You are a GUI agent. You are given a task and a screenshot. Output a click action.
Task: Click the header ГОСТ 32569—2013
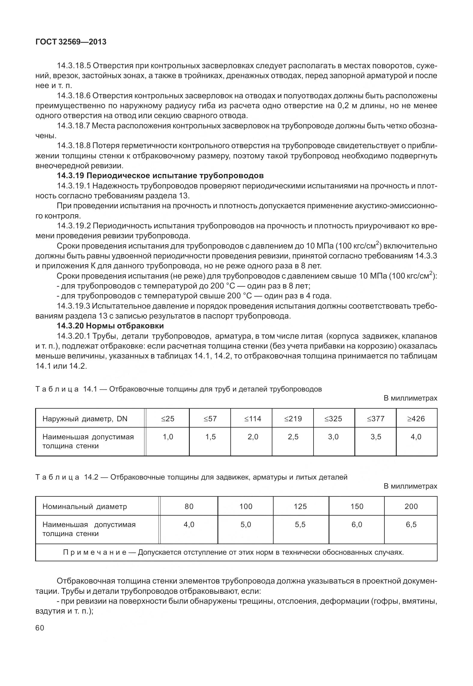click(x=71, y=42)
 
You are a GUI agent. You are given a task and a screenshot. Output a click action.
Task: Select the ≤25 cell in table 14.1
click(x=168, y=419)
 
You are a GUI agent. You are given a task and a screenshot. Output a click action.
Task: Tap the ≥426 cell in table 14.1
click(x=416, y=419)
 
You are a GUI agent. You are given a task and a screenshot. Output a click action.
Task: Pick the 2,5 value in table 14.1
click(x=293, y=437)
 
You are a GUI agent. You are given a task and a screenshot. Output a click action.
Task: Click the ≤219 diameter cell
click(x=293, y=419)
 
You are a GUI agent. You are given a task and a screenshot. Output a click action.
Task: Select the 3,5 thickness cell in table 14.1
click(x=376, y=437)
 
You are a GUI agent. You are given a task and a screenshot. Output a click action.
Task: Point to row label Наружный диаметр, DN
click(x=85, y=419)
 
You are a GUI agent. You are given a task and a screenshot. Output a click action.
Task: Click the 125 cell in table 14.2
click(x=300, y=506)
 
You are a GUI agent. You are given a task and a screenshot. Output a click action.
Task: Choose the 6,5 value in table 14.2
click(x=411, y=524)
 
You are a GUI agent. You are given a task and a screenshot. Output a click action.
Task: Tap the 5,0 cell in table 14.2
click(x=246, y=524)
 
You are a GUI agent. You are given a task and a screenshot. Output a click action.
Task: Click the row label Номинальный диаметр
click(x=85, y=506)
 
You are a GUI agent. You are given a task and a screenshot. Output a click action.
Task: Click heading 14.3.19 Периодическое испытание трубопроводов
click(x=160, y=175)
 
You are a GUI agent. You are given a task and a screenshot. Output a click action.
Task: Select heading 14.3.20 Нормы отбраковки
click(x=110, y=326)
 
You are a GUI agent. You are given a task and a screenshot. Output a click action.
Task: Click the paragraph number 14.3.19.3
click(x=74, y=306)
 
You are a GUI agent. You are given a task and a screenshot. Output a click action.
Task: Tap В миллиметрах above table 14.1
click(x=410, y=398)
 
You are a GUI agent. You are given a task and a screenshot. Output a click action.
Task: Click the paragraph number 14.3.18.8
click(x=74, y=146)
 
